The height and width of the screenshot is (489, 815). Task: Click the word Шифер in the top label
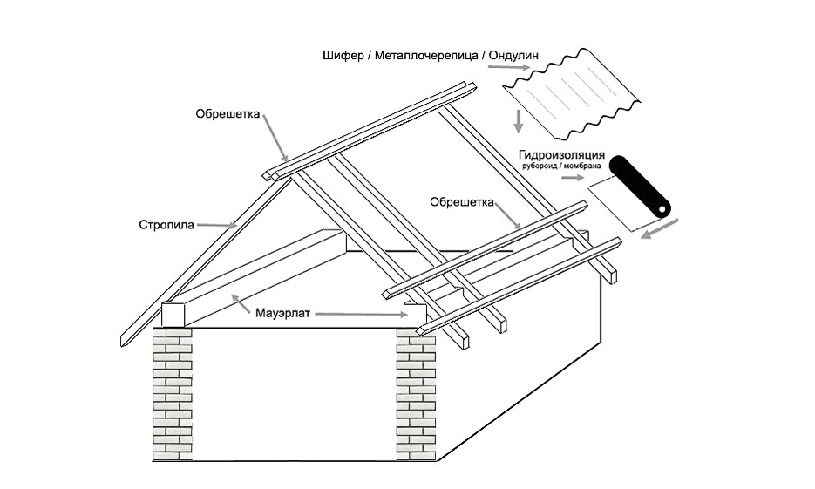(x=342, y=57)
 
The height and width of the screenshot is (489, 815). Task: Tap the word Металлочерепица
(x=424, y=57)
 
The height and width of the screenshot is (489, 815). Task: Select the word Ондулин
(x=514, y=57)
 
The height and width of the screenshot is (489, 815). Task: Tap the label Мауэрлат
(x=284, y=311)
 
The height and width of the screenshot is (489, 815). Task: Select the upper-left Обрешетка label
(x=228, y=113)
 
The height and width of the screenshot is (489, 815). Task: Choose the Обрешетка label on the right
(x=462, y=201)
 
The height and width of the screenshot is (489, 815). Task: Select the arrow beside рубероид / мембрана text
(x=571, y=177)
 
